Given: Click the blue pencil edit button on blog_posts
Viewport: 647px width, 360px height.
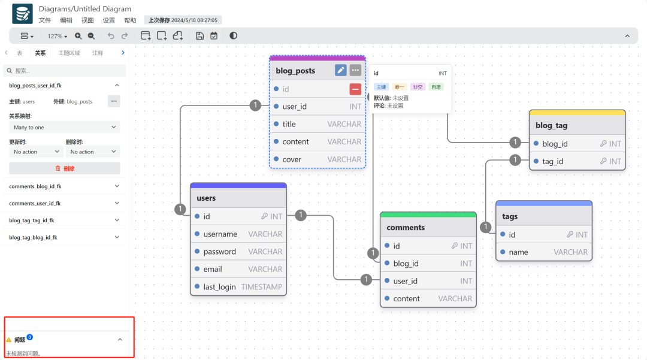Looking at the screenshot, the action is point(340,70).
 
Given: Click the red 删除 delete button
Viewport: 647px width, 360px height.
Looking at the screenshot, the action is point(64,168).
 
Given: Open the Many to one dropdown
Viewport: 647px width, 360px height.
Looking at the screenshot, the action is point(64,127).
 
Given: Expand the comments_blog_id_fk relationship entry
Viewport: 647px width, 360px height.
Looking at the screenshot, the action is point(64,186).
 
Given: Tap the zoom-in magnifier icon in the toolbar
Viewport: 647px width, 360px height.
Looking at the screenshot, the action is point(78,36).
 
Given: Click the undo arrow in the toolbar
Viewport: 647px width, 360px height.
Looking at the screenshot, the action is point(111,36).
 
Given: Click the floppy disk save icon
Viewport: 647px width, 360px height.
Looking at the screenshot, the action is point(199,36).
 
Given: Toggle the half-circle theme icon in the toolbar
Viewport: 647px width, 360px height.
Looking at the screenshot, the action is point(233,36).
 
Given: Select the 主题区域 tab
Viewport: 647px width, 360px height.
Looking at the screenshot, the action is point(69,53).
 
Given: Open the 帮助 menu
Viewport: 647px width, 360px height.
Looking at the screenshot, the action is point(130,20).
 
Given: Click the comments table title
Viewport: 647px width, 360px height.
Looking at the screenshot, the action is point(406,227).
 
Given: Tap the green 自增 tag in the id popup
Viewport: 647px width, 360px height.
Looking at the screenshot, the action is point(436,87).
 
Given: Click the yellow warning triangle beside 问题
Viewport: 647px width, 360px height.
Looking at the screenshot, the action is point(8,340).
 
